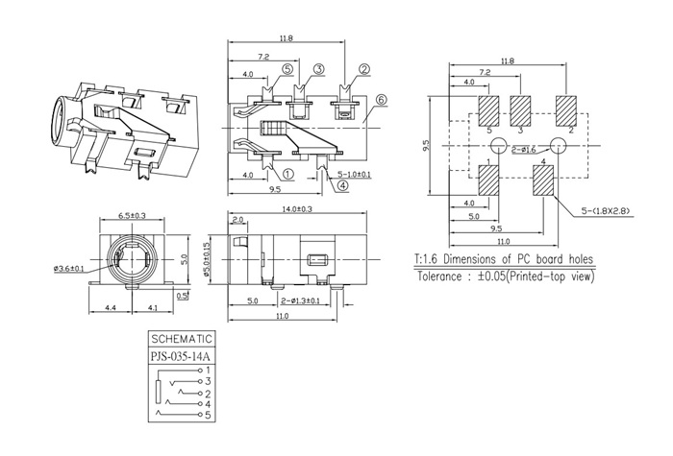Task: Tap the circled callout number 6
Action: pyautogui.click(x=381, y=99)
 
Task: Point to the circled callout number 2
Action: pyautogui.click(x=364, y=69)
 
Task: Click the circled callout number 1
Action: pyautogui.click(x=287, y=175)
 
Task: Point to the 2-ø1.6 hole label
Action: pyautogui.click(x=525, y=151)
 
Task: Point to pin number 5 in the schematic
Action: pyautogui.click(x=208, y=415)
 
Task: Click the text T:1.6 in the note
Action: pyautogui.click(x=430, y=259)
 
